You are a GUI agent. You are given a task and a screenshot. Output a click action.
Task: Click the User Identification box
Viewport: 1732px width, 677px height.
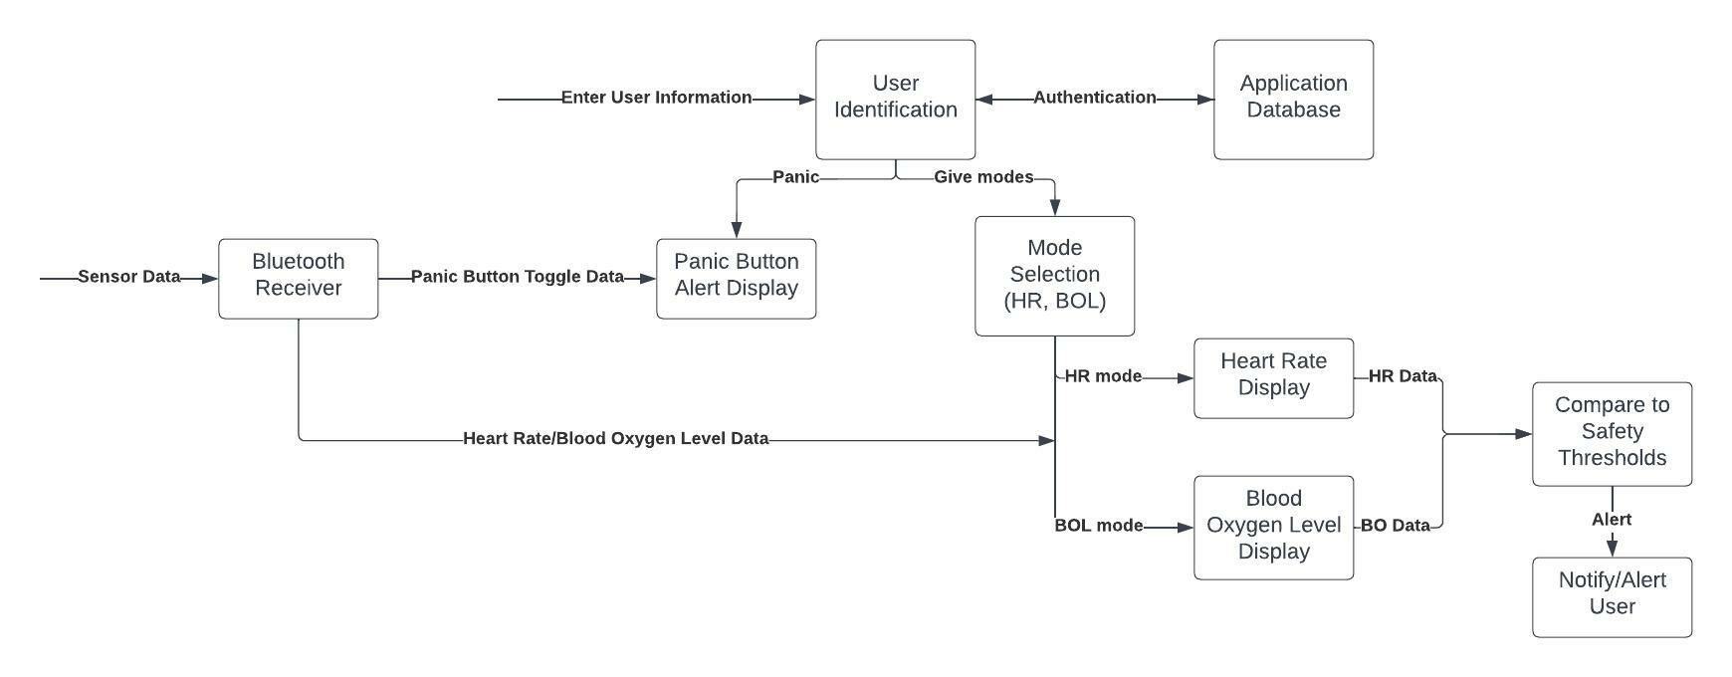point(895,99)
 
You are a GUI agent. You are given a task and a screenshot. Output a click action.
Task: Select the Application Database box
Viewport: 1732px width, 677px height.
point(1293,99)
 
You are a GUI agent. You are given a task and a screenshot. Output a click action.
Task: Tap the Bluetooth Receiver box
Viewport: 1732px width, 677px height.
point(298,278)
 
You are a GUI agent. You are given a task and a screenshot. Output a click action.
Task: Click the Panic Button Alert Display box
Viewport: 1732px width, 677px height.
point(736,278)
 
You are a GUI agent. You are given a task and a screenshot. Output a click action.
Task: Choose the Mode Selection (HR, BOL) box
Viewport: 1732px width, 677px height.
point(1054,276)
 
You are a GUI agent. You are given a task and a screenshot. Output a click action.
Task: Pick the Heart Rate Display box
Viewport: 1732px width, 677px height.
point(1273,377)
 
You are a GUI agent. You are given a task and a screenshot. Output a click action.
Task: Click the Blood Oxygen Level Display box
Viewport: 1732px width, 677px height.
point(1273,527)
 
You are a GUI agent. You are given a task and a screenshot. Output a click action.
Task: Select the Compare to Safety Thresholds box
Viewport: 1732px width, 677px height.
point(1612,433)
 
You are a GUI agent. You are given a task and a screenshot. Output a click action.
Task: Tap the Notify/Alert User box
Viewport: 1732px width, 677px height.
point(1612,596)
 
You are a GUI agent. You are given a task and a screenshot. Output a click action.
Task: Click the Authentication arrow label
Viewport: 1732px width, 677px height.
point(1094,98)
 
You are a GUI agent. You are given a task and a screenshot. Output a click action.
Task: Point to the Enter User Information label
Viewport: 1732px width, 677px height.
point(656,98)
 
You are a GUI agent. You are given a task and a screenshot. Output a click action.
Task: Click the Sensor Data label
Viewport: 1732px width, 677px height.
point(129,277)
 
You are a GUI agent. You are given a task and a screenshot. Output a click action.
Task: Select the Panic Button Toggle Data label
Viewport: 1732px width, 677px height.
point(517,277)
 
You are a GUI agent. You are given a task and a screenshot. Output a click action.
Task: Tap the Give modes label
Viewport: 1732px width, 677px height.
point(982,177)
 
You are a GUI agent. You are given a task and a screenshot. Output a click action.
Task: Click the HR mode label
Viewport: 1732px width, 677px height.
point(1103,376)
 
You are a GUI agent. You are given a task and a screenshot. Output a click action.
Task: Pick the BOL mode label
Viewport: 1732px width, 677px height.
point(1098,526)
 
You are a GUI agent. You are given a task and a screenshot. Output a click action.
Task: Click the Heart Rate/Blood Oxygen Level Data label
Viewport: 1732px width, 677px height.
point(615,438)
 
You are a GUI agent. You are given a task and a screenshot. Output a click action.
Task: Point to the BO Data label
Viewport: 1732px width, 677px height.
point(1395,526)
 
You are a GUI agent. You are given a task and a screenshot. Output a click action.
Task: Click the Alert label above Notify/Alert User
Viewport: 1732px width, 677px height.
point(1611,520)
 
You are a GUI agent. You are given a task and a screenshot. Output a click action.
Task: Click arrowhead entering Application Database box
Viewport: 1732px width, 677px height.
point(1205,100)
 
